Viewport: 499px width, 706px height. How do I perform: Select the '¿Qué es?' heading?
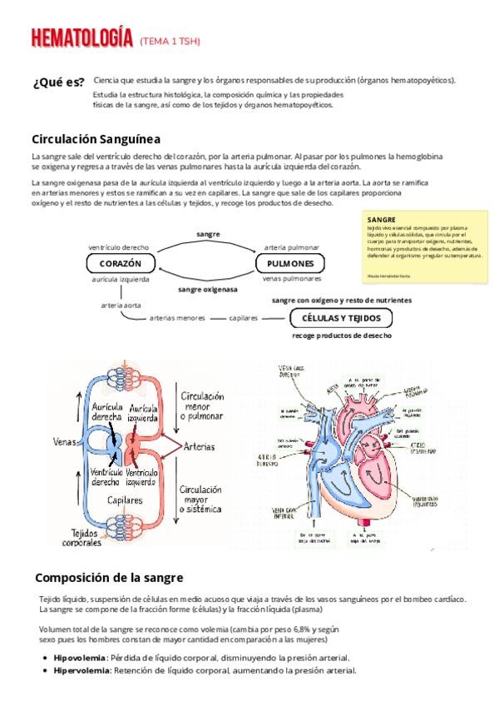click(x=57, y=82)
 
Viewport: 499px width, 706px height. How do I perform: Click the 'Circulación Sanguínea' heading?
click(x=96, y=138)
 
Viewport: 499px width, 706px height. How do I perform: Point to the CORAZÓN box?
click(x=121, y=263)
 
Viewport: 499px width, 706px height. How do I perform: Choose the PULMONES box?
click(x=290, y=263)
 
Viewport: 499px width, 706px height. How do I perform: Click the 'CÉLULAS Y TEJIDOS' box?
click(x=341, y=318)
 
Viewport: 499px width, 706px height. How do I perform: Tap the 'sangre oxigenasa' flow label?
click(x=207, y=289)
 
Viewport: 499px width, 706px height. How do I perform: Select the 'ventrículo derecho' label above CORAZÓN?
click(x=119, y=247)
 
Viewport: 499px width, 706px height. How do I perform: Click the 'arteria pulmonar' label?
click(x=291, y=247)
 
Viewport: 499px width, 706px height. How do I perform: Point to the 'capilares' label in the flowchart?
click(x=244, y=318)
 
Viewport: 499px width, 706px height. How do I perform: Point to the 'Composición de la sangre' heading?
click(x=108, y=577)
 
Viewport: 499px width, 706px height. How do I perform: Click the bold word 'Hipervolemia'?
click(x=81, y=670)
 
